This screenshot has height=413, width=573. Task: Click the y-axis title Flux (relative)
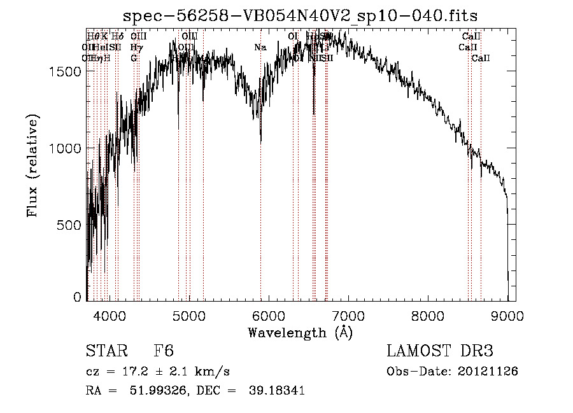pyautogui.click(x=32, y=165)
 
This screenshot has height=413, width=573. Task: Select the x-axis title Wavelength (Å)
pyautogui.click(x=300, y=332)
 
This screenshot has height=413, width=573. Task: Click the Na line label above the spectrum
pyautogui.click(x=260, y=47)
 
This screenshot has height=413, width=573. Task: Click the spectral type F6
pyautogui.click(x=164, y=351)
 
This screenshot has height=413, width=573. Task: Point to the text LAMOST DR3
pyautogui.click(x=440, y=351)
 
